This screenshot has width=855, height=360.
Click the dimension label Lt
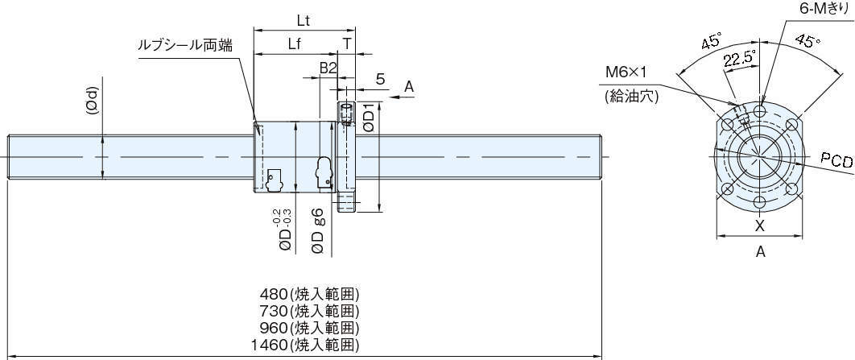(x=304, y=22)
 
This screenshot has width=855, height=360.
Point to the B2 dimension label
(x=327, y=68)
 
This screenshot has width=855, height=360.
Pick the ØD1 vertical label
(x=370, y=118)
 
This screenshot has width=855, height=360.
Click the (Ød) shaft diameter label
(x=93, y=101)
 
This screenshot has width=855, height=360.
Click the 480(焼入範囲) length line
(x=309, y=293)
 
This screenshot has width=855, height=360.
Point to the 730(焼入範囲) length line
(x=309, y=311)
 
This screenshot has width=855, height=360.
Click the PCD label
(x=836, y=160)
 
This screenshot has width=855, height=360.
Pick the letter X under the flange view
(x=760, y=226)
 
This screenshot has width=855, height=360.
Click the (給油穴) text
(x=631, y=97)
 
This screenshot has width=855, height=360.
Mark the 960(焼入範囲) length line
(x=309, y=329)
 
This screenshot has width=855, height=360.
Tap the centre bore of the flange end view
(x=759, y=156)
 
